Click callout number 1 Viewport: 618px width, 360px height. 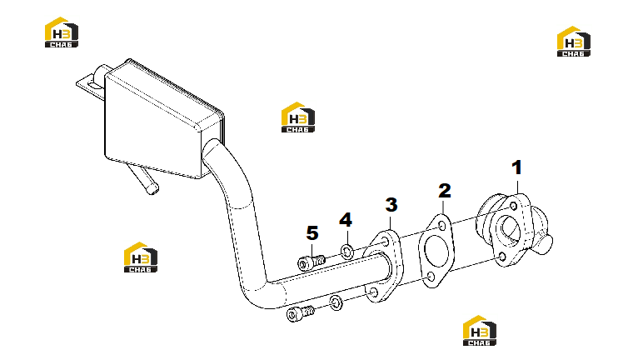tap(516, 167)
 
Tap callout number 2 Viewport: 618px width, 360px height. tap(445, 191)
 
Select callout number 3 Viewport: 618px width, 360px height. tap(391, 205)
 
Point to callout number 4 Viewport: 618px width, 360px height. tap(346, 220)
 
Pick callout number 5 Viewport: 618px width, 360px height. tap(312, 233)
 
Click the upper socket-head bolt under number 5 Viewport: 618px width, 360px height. tap(311, 262)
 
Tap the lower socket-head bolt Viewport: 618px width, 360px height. tap(301, 313)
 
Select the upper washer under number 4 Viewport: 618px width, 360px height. tap(346, 252)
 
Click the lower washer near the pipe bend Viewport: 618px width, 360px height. tap(336, 302)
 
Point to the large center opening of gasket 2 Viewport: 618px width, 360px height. tap(436, 251)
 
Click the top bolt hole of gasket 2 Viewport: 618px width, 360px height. tap(442, 227)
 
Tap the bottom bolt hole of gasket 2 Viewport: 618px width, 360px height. tap(431, 277)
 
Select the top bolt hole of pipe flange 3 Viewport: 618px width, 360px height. tap(385, 241)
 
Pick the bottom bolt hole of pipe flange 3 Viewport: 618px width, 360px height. tap(374, 292)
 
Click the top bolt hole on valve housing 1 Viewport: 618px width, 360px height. tap(513, 206)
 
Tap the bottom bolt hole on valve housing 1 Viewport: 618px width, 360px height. tap(502, 257)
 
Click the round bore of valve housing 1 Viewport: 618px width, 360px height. tap(511, 231)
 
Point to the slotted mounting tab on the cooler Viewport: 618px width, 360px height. tap(90, 85)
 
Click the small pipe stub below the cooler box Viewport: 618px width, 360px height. tap(144, 180)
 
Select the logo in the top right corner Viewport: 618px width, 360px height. tap(574, 42)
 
